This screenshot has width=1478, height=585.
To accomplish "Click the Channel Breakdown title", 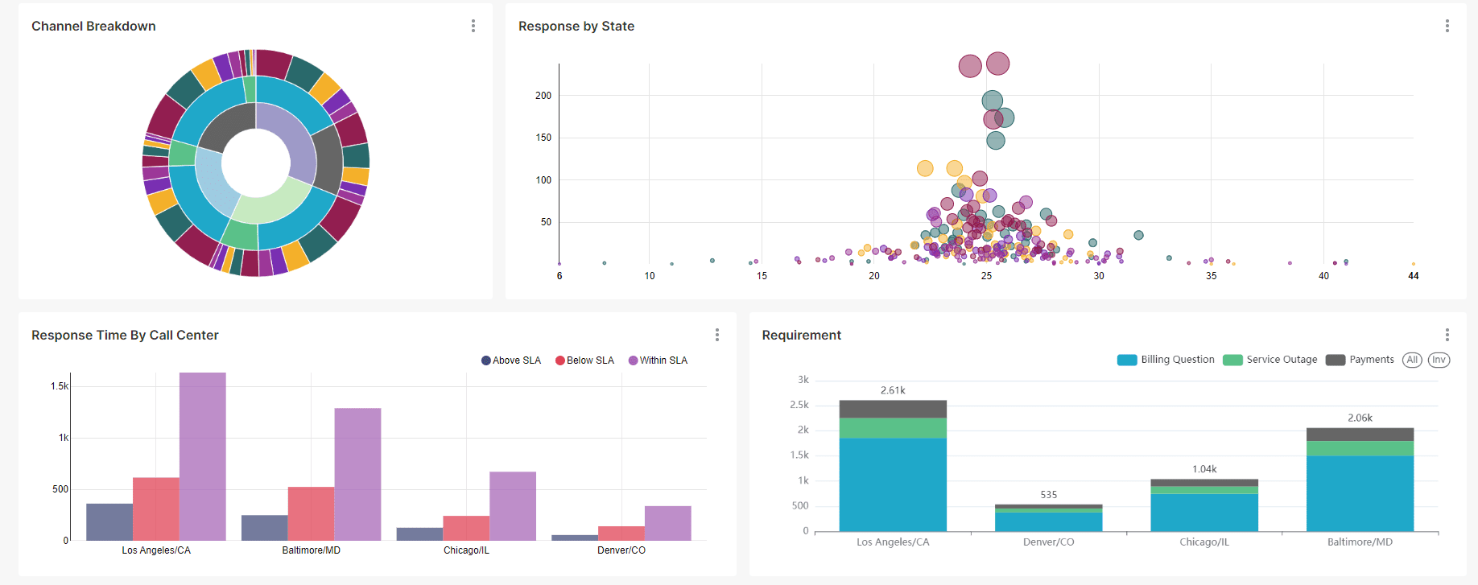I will click(93, 27).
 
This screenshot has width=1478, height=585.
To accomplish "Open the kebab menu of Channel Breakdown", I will click(473, 26).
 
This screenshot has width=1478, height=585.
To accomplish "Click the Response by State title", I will click(576, 27).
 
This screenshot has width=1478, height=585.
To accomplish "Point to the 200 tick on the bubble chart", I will click(543, 96).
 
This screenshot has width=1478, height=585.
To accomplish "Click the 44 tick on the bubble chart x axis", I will click(1413, 276).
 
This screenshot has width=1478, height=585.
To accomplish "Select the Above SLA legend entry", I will click(511, 360).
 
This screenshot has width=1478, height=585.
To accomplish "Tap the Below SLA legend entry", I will click(585, 360).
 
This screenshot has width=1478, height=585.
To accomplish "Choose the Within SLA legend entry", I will click(658, 360).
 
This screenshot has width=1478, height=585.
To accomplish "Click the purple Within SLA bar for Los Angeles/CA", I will click(203, 456).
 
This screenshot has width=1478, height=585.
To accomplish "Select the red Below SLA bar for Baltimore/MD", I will click(311, 513).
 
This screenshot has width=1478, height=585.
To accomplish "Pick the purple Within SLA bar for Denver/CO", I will click(667, 523).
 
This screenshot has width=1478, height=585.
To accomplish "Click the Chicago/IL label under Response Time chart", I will click(466, 550).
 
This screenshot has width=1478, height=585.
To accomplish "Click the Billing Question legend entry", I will click(1166, 360).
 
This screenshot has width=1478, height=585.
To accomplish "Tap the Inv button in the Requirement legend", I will click(1439, 360).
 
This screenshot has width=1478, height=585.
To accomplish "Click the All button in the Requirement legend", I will click(1412, 360).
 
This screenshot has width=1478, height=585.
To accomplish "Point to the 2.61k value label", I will click(893, 390).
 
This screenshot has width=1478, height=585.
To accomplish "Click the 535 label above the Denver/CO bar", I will click(1048, 495).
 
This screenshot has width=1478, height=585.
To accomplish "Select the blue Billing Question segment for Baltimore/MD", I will click(1360, 493).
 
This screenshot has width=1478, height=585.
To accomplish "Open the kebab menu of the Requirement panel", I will click(1447, 335).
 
